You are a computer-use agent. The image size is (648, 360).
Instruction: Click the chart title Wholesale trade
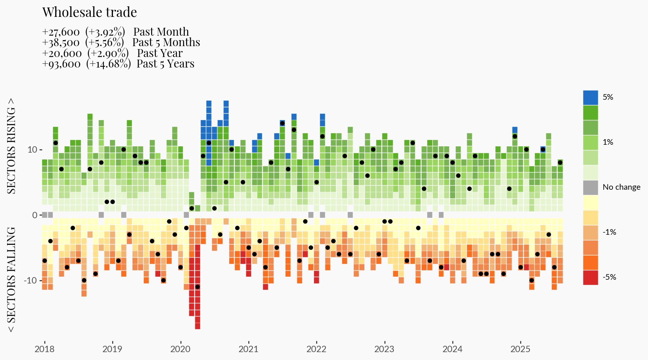pos(90,12)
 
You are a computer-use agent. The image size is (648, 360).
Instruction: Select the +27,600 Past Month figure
pos(61,32)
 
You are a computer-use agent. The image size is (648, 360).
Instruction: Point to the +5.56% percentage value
pos(105,43)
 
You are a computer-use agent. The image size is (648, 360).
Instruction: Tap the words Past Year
pos(160,53)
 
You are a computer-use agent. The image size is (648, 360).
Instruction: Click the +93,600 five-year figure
pos(61,64)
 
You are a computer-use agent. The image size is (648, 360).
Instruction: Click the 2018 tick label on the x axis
pos(44,349)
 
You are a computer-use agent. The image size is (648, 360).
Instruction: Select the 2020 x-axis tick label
pos(180,349)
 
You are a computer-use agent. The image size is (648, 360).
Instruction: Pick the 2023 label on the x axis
pos(384,349)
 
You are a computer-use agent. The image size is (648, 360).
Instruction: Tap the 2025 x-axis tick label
pos(520,349)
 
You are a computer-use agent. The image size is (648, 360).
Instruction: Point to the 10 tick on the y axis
pos(32,150)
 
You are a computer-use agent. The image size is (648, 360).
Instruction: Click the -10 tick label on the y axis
pos(31,280)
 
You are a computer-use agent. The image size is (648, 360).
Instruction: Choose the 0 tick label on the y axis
pos(35,215)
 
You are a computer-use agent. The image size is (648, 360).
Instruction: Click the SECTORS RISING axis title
pos(12,146)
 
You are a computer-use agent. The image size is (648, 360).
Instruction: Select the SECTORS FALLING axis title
pos(12,279)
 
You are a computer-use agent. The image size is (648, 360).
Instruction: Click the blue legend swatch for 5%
pos(590,97)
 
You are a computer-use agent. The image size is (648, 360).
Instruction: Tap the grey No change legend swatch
pos(590,187)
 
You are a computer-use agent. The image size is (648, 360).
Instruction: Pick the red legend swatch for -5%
pos(590,277)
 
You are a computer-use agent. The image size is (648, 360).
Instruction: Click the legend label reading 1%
pos(608,142)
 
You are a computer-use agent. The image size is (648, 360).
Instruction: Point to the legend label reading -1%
pos(609,232)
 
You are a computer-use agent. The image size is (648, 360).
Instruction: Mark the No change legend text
pos(621,187)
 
